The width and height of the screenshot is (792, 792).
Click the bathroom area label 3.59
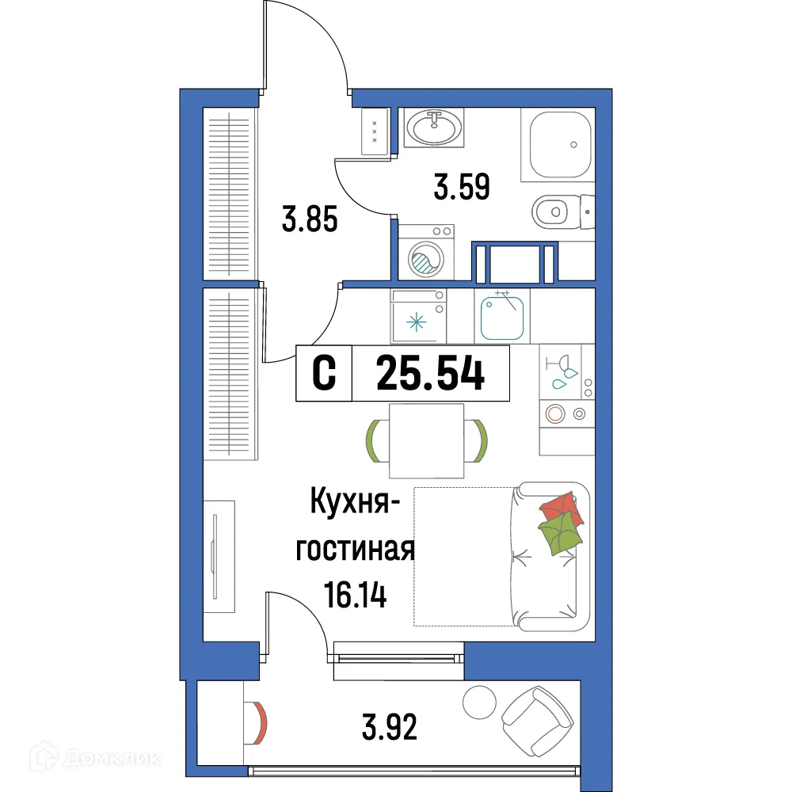pyautogui.click(x=462, y=188)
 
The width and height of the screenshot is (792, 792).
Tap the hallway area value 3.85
pyautogui.click(x=310, y=219)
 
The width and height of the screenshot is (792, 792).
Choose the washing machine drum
pyautogui.click(x=424, y=259)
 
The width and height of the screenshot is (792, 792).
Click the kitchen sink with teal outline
pyautogui.click(x=503, y=315)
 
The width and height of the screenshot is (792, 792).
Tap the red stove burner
pyautogui.click(x=555, y=412)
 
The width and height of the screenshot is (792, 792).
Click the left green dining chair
pyautogui.click(x=375, y=440)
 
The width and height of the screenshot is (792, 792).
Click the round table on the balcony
pyautogui.click(x=478, y=702)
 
